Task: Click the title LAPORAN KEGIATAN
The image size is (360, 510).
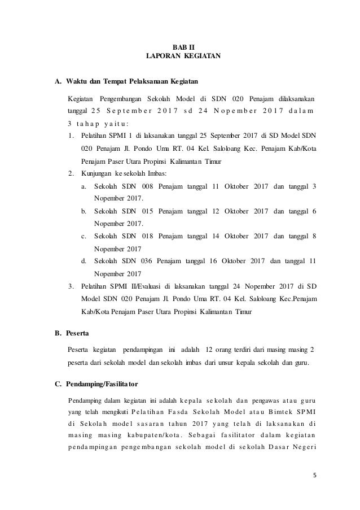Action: (x=180, y=56)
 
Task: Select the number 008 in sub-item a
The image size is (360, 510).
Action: (x=148, y=187)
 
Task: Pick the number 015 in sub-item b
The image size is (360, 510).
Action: (x=148, y=211)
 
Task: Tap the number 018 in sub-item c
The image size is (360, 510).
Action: (x=148, y=235)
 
